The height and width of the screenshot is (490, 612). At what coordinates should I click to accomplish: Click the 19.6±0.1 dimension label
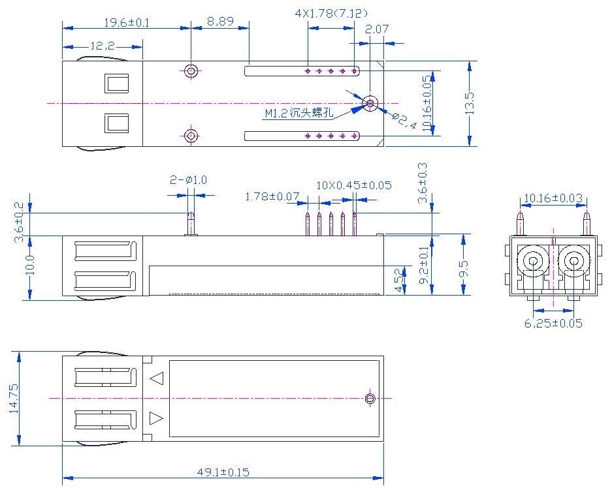click(x=127, y=22)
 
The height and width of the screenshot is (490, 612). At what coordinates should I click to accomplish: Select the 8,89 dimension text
click(x=220, y=22)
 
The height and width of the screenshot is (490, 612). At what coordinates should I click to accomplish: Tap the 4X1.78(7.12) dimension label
click(x=331, y=12)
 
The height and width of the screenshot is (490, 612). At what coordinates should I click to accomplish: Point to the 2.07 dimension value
click(x=377, y=29)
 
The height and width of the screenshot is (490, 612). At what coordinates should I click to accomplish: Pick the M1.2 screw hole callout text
click(x=298, y=114)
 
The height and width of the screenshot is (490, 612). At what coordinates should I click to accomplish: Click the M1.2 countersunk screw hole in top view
click(x=370, y=103)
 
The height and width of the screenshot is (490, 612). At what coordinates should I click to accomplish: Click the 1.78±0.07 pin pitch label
click(x=272, y=196)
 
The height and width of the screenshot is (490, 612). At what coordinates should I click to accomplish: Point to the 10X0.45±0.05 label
click(x=354, y=185)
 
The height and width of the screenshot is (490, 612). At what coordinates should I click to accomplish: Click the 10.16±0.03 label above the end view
click(x=553, y=198)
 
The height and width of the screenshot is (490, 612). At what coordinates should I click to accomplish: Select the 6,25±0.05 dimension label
click(x=553, y=323)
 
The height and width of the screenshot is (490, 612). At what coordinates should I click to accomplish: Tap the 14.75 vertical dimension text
click(x=14, y=398)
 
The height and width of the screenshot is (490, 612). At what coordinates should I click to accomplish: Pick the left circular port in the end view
click(x=533, y=262)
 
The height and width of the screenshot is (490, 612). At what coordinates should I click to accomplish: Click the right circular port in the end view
click(x=574, y=262)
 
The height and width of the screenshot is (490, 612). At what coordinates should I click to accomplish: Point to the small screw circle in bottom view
click(x=370, y=398)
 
